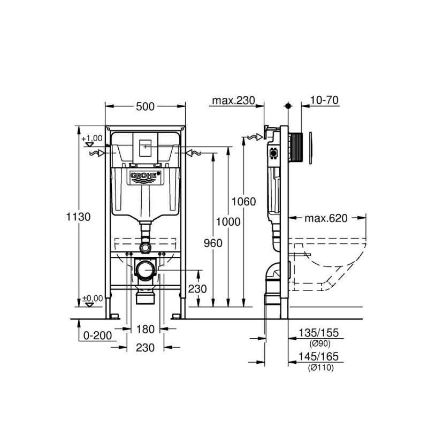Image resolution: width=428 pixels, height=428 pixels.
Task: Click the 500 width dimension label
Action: tap(145, 106)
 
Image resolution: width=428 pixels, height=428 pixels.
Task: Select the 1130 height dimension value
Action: tap(78, 217)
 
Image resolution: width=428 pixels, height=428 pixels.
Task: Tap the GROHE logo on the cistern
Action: tap(145, 176)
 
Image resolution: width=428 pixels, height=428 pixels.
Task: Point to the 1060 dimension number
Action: tap(243, 202)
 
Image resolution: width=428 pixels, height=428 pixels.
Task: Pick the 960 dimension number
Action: tap(212, 242)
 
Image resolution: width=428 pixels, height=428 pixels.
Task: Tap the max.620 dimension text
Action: tap(326, 218)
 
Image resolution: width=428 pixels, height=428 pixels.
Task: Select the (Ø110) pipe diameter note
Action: tap(320, 367)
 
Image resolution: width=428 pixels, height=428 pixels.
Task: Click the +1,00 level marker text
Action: tap(92, 138)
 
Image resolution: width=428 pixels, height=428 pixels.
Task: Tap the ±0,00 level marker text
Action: tap(92, 298)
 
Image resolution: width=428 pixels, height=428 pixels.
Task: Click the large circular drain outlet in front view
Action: tap(145, 270)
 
